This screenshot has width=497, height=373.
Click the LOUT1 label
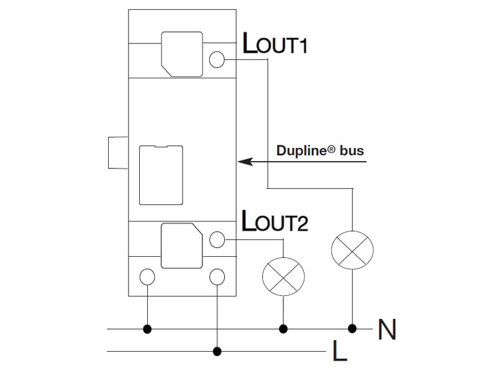pyautogui.click(x=273, y=45)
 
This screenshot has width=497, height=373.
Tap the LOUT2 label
pyautogui.click(x=273, y=221)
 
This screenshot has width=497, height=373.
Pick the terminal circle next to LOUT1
pyautogui.click(x=217, y=59)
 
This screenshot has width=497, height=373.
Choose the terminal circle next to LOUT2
pyautogui.click(x=217, y=239)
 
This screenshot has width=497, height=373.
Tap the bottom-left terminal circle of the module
pyautogui.click(x=148, y=276)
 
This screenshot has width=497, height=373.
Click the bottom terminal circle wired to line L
pyautogui.click(x=217, y=276)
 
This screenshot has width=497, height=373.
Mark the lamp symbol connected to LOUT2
pyautogui.click(x=284, y=275)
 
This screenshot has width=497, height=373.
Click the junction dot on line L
pyautogui.click(x=217, y=351)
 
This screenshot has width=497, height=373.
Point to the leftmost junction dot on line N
pyautogui.click(x=148, y=328)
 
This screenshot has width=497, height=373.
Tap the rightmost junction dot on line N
pyautogui.click(x=352, y=328)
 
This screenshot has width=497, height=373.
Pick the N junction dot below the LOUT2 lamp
pyautogui.click(x=284, y=328)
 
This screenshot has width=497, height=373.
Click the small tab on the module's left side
pyautogui.click(x=117, y=152)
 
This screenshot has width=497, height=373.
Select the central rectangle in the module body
pyautogui.click(x=161, y=175)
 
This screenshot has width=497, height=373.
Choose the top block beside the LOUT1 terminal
pyautogui.click(x=182, y=52)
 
